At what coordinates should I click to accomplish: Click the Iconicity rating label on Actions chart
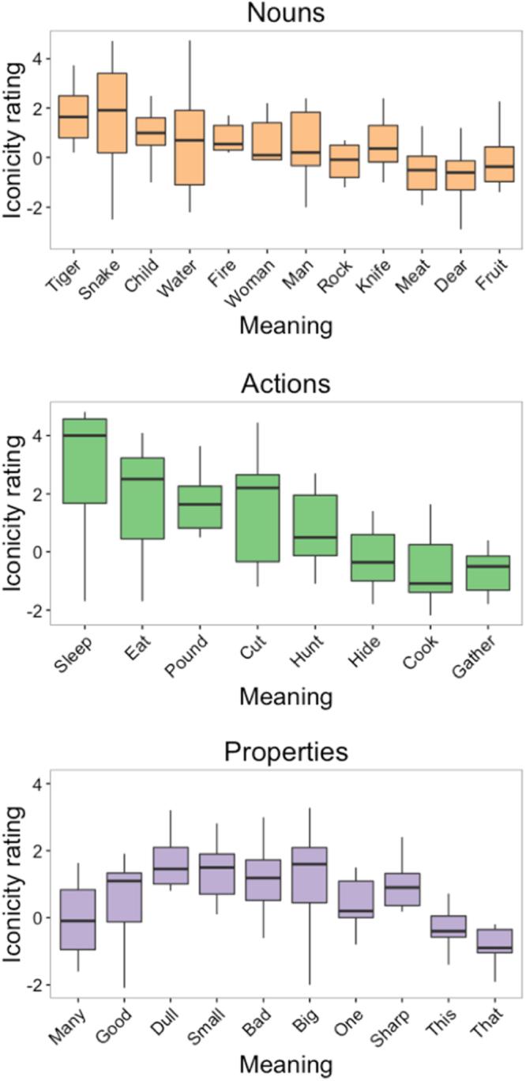coord(17,513)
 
